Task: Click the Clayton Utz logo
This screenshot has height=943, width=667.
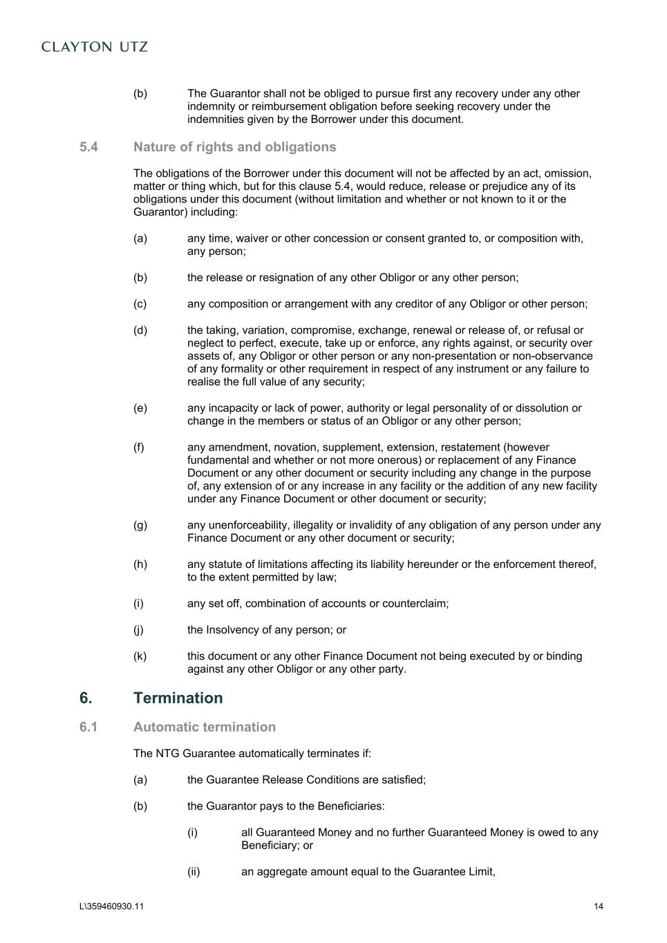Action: point(95,47)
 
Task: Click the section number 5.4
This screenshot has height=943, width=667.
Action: point(88,147)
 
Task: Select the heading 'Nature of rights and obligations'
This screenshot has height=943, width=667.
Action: point(234,147)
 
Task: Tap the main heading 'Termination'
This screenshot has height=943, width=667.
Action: point(178,698)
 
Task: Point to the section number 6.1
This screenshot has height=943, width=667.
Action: point(88,727)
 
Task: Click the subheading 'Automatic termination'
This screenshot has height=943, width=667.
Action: point(204,727)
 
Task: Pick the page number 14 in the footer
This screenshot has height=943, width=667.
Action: point(598,906)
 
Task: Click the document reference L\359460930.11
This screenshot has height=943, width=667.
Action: point(111,906)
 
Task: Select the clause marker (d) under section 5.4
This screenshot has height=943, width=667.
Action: point(140,330)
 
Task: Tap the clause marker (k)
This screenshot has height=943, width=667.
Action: point(140,656)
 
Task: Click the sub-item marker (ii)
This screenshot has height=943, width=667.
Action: point(194,872)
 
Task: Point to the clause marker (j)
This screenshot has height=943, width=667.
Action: point(140,630)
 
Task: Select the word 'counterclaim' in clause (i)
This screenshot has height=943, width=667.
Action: point(415,604)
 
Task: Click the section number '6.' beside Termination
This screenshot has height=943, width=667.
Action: point(86,698)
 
